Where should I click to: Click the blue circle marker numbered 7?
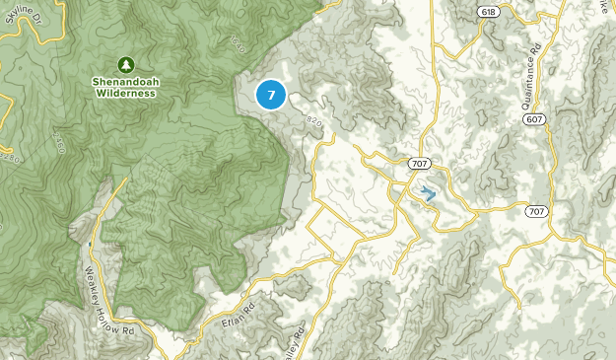[271, 95]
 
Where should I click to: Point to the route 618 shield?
[487, 10]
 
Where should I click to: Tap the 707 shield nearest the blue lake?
[418, 163]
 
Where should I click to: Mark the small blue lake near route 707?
[429, 193]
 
